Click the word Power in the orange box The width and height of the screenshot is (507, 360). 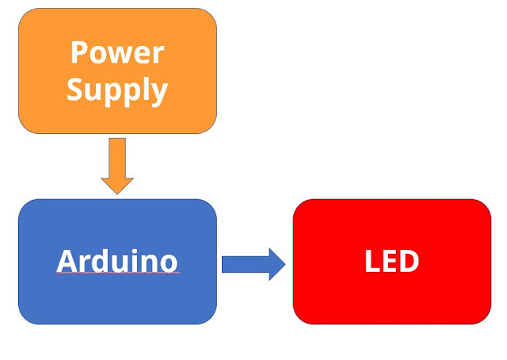[x=117, y=53]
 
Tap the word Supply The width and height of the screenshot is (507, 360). [x=117, y=90]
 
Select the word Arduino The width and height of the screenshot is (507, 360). [x=117, y=261]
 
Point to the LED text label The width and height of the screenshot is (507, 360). [x=391, y=261]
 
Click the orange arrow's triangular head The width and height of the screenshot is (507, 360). [x=117, y=186]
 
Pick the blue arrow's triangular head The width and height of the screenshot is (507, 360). [x=276, y=264]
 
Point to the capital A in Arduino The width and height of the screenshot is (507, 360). [x=67, y=261]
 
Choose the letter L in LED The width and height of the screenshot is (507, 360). [x=372, y=261]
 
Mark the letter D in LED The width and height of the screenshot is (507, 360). [x=409, y=261]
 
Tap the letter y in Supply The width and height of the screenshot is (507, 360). [x=159, y=93]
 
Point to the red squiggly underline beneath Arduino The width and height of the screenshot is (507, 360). [x=117, y=274]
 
